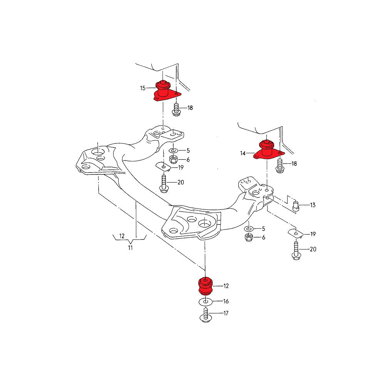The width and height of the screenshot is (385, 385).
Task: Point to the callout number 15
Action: click(143, 88)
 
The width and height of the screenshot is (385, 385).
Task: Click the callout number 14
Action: click(243, 153)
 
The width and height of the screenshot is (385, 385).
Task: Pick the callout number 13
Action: click(312, 205)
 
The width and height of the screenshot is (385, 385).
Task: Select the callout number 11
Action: click(130, 248)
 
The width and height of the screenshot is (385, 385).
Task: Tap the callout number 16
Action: click(226, 301)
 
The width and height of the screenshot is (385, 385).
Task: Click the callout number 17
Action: click(226, 313)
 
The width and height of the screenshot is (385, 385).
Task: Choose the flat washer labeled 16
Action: click(205, 302)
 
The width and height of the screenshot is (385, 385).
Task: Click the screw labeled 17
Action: click(205, 314)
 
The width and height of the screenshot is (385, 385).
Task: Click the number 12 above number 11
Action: click(122, 236)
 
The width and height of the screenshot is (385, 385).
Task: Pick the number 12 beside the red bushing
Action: click(226, 286)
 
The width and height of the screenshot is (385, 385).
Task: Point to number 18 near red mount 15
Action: click(190, 108)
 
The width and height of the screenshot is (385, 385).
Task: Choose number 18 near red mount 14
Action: click(294, 164)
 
